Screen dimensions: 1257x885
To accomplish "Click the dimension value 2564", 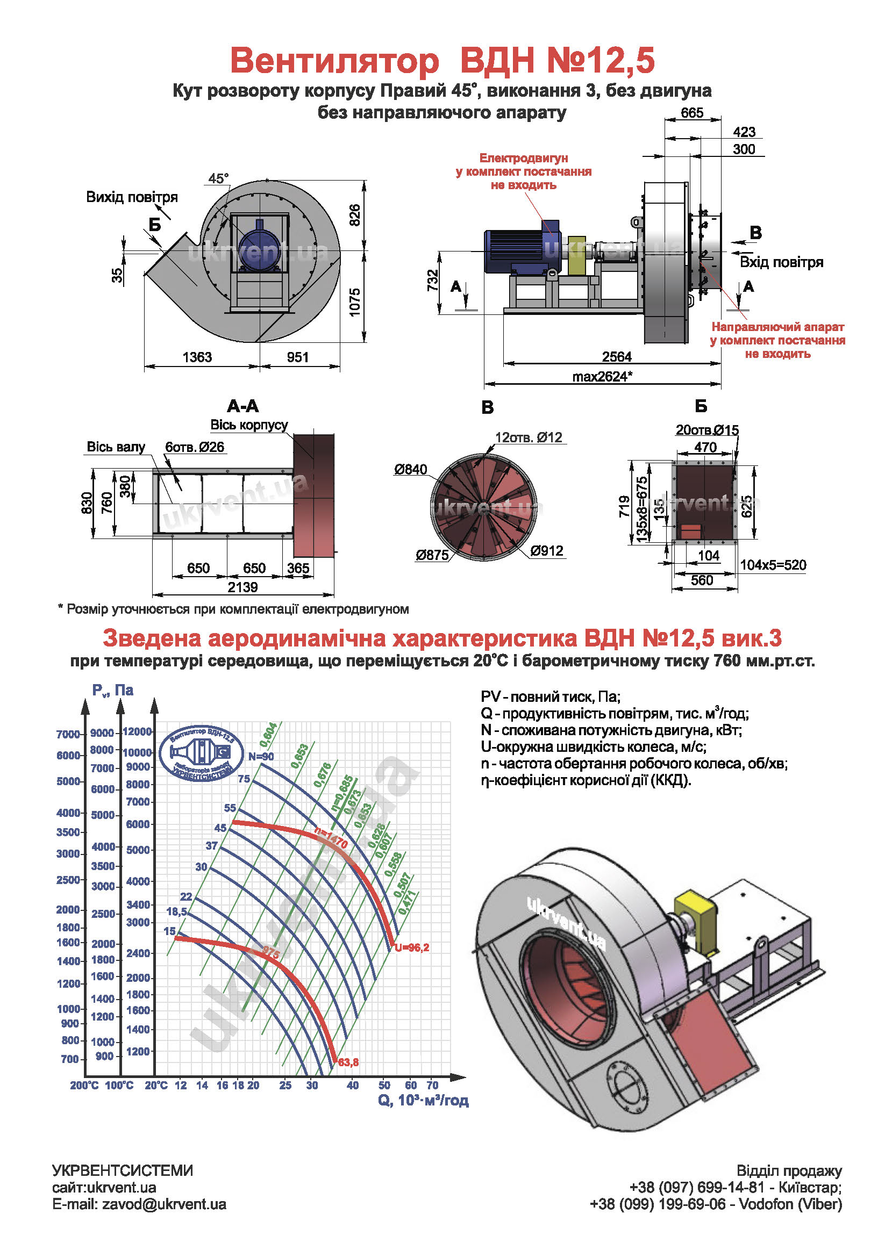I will tap(616, 356).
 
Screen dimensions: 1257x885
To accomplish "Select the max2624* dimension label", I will tap(602, 376).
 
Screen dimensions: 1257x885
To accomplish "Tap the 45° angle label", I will tap(218, 178).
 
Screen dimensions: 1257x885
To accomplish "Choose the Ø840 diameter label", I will tap(410, 469).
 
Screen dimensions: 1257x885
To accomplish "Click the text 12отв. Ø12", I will tap(528, 437).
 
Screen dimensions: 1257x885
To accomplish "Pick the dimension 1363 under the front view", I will tap(197, 357).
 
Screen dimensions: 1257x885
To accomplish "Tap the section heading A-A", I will tap(242, 406).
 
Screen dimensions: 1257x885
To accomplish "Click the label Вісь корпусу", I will tap(248, 425).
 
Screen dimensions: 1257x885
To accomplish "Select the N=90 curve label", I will tap(261, 756).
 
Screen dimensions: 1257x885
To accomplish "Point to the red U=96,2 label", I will tap(412, 947).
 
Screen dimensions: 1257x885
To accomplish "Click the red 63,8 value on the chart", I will tap(348, 1062).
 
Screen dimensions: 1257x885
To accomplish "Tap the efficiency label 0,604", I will tap(268, 735).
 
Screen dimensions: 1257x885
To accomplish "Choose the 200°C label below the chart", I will tap(84, 1085).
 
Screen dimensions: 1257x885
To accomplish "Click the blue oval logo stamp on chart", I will tap(201, 753).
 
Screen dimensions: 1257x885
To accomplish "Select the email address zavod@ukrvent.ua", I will tap(164, 1204).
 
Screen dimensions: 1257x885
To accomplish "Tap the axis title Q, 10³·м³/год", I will tap(423, 1101).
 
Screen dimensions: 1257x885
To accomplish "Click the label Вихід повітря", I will tap(131, 197).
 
